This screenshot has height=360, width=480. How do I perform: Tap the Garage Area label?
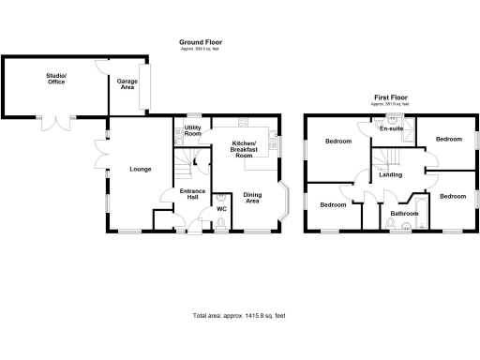(x=127, y=84)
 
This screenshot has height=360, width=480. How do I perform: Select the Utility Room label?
(x=193, y=130)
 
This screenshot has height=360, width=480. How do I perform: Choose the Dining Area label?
(x=252, y=199)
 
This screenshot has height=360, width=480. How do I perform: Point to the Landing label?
(x=391, y=175)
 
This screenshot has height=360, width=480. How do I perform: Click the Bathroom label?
(x=405, y=214)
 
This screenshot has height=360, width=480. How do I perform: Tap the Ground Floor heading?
(x=201, y=41)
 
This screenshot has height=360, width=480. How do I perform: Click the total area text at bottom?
(x=238, y=316)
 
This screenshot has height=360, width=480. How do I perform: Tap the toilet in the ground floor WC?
(x=221, y=222)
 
